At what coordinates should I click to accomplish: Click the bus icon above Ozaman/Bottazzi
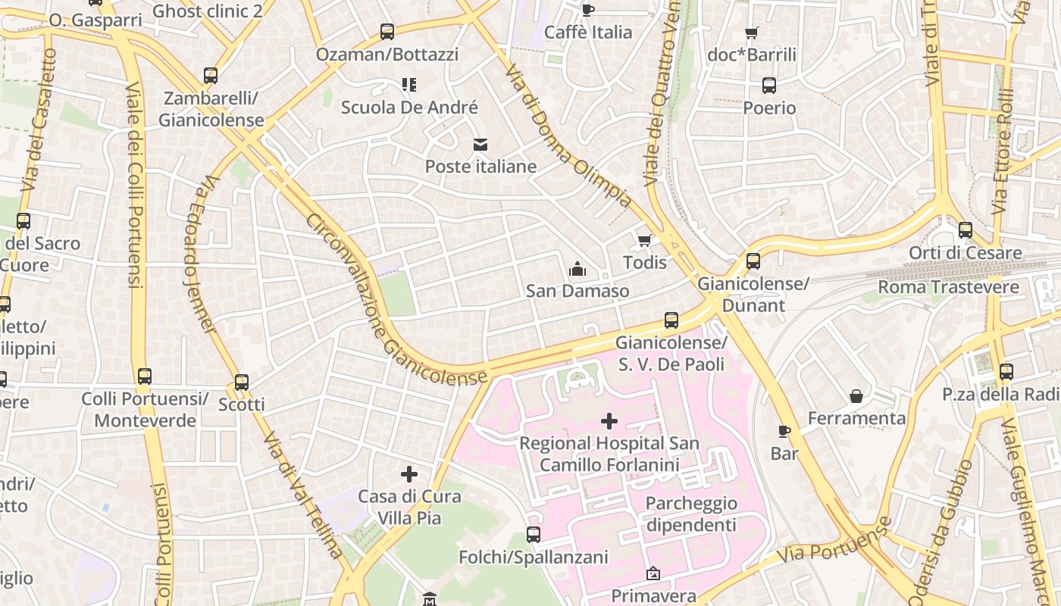tap(387, 32)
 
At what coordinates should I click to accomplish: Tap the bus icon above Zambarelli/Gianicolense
tap(211, 76)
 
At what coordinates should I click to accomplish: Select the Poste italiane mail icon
tap(480, 144)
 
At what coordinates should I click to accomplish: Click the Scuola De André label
tap(409, 108)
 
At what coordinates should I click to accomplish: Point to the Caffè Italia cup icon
tap(587, 10)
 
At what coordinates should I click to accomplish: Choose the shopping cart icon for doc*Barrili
tap(751, 33)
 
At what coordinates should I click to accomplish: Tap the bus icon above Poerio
tap(769, 86)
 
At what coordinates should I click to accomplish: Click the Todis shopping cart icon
tap(644, 240)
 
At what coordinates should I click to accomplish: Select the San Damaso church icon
tap(577, 269)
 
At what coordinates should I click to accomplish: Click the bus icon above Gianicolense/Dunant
tap(753, 261)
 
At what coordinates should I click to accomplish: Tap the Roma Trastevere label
tap(948, 287)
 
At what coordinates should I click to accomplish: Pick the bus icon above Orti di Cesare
tap(965, 230)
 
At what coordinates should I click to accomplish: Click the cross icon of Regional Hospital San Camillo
tap(609, 421)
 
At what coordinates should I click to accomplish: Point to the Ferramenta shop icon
tap(856, 396)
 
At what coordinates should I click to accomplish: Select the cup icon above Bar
tap(784, 432)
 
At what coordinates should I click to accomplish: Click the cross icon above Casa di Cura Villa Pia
tap(409, 474)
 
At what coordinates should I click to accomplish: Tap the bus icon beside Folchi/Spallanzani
tap(534, 535)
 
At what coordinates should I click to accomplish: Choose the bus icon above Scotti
tap(242, 383)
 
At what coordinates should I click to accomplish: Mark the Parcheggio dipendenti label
tap(690, 514)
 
